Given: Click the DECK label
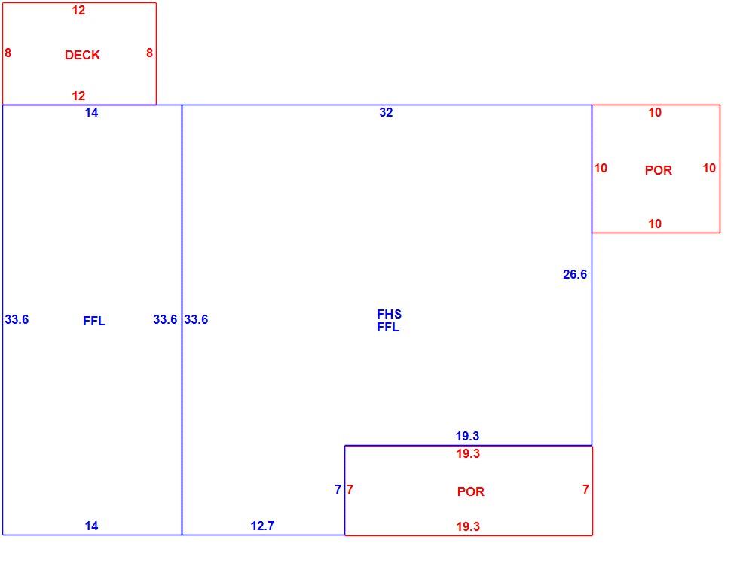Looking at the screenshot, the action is (x=82, y=55).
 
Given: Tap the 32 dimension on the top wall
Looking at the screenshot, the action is (x=386, y=113).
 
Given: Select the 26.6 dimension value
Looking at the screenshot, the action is (x=575, y=274).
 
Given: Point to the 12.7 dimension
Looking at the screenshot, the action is (x=262, y=526).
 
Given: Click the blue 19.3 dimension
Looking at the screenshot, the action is (x=467, y=436).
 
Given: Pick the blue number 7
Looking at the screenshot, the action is (x=338, y=489).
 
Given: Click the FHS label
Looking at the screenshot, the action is (x=389, y=314).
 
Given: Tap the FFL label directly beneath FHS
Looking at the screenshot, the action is (x=388, y=327).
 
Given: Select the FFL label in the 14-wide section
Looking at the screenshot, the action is (x=94, y=321).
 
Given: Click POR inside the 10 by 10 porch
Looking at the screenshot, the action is (x=659, y=170).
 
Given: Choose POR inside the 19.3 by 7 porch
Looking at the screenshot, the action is (x=470, y=492).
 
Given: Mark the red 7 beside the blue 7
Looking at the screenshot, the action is (x=350, y=489).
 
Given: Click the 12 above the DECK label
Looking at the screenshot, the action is (x=78, y=10).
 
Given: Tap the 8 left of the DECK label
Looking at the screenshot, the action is (x=8, y=53).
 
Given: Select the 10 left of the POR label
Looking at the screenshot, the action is (x=601, y=168).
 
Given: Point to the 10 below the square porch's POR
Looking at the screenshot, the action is (x=655, y=224).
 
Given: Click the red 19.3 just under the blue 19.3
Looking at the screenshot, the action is (x=468, y=453).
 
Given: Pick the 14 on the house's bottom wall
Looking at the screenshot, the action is (x=91, y=526).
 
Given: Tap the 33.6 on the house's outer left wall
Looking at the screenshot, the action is (x=17, y=319).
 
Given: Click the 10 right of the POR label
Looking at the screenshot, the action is (x=709, y=168).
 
